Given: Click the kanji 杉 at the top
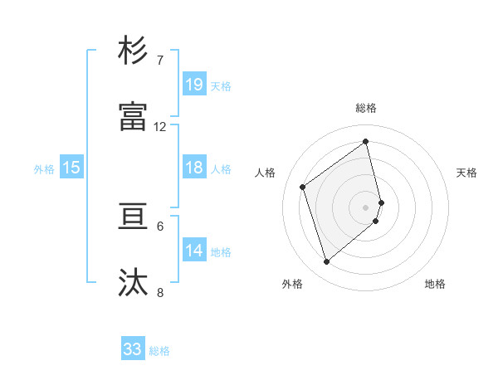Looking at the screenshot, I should pos(134,51).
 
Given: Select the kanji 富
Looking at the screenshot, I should pos(134,117).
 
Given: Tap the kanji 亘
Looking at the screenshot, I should pos(134,217).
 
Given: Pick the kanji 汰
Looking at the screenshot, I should pos(134,283).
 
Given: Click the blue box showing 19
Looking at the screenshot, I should pos(194,85).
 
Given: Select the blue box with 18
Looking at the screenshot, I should pos(194,168).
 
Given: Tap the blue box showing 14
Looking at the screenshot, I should pos(194,251).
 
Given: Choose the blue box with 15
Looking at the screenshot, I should pos(71,168).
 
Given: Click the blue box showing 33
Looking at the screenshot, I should pos(133,349).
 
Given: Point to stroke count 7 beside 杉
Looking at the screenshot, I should pos(159,61).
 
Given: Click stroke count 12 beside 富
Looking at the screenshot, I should pos(160,127).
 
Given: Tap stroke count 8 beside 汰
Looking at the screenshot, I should pos(159,293).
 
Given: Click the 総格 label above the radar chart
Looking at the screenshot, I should pos(366,108).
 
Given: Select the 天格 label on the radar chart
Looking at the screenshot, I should pos(466,173).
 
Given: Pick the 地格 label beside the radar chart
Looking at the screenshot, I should pos(435,284).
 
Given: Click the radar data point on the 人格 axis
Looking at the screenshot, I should pos(303,187).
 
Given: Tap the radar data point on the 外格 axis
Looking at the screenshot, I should pos(326,262).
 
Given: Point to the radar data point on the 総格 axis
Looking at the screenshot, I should pos(366,141).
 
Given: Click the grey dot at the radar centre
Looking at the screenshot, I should pos(366,207).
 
